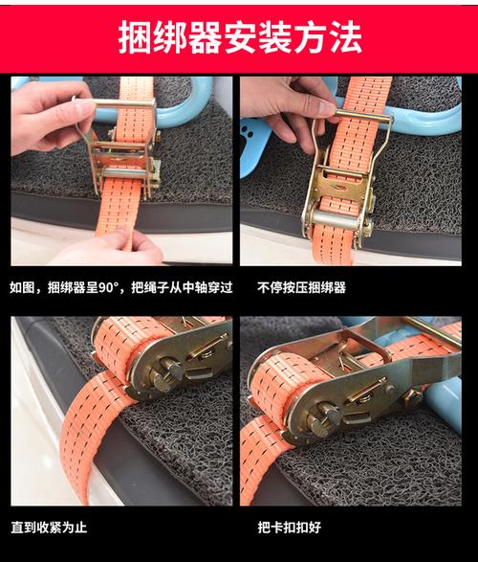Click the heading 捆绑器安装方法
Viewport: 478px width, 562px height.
click(239, 38)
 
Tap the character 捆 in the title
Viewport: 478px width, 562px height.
click(136, 38)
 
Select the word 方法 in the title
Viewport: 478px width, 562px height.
click(327, 38)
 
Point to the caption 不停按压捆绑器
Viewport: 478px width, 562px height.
click(301, 286)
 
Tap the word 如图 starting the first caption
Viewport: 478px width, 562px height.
click(23, 286)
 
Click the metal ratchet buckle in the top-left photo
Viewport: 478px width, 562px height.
click(122, 153)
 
